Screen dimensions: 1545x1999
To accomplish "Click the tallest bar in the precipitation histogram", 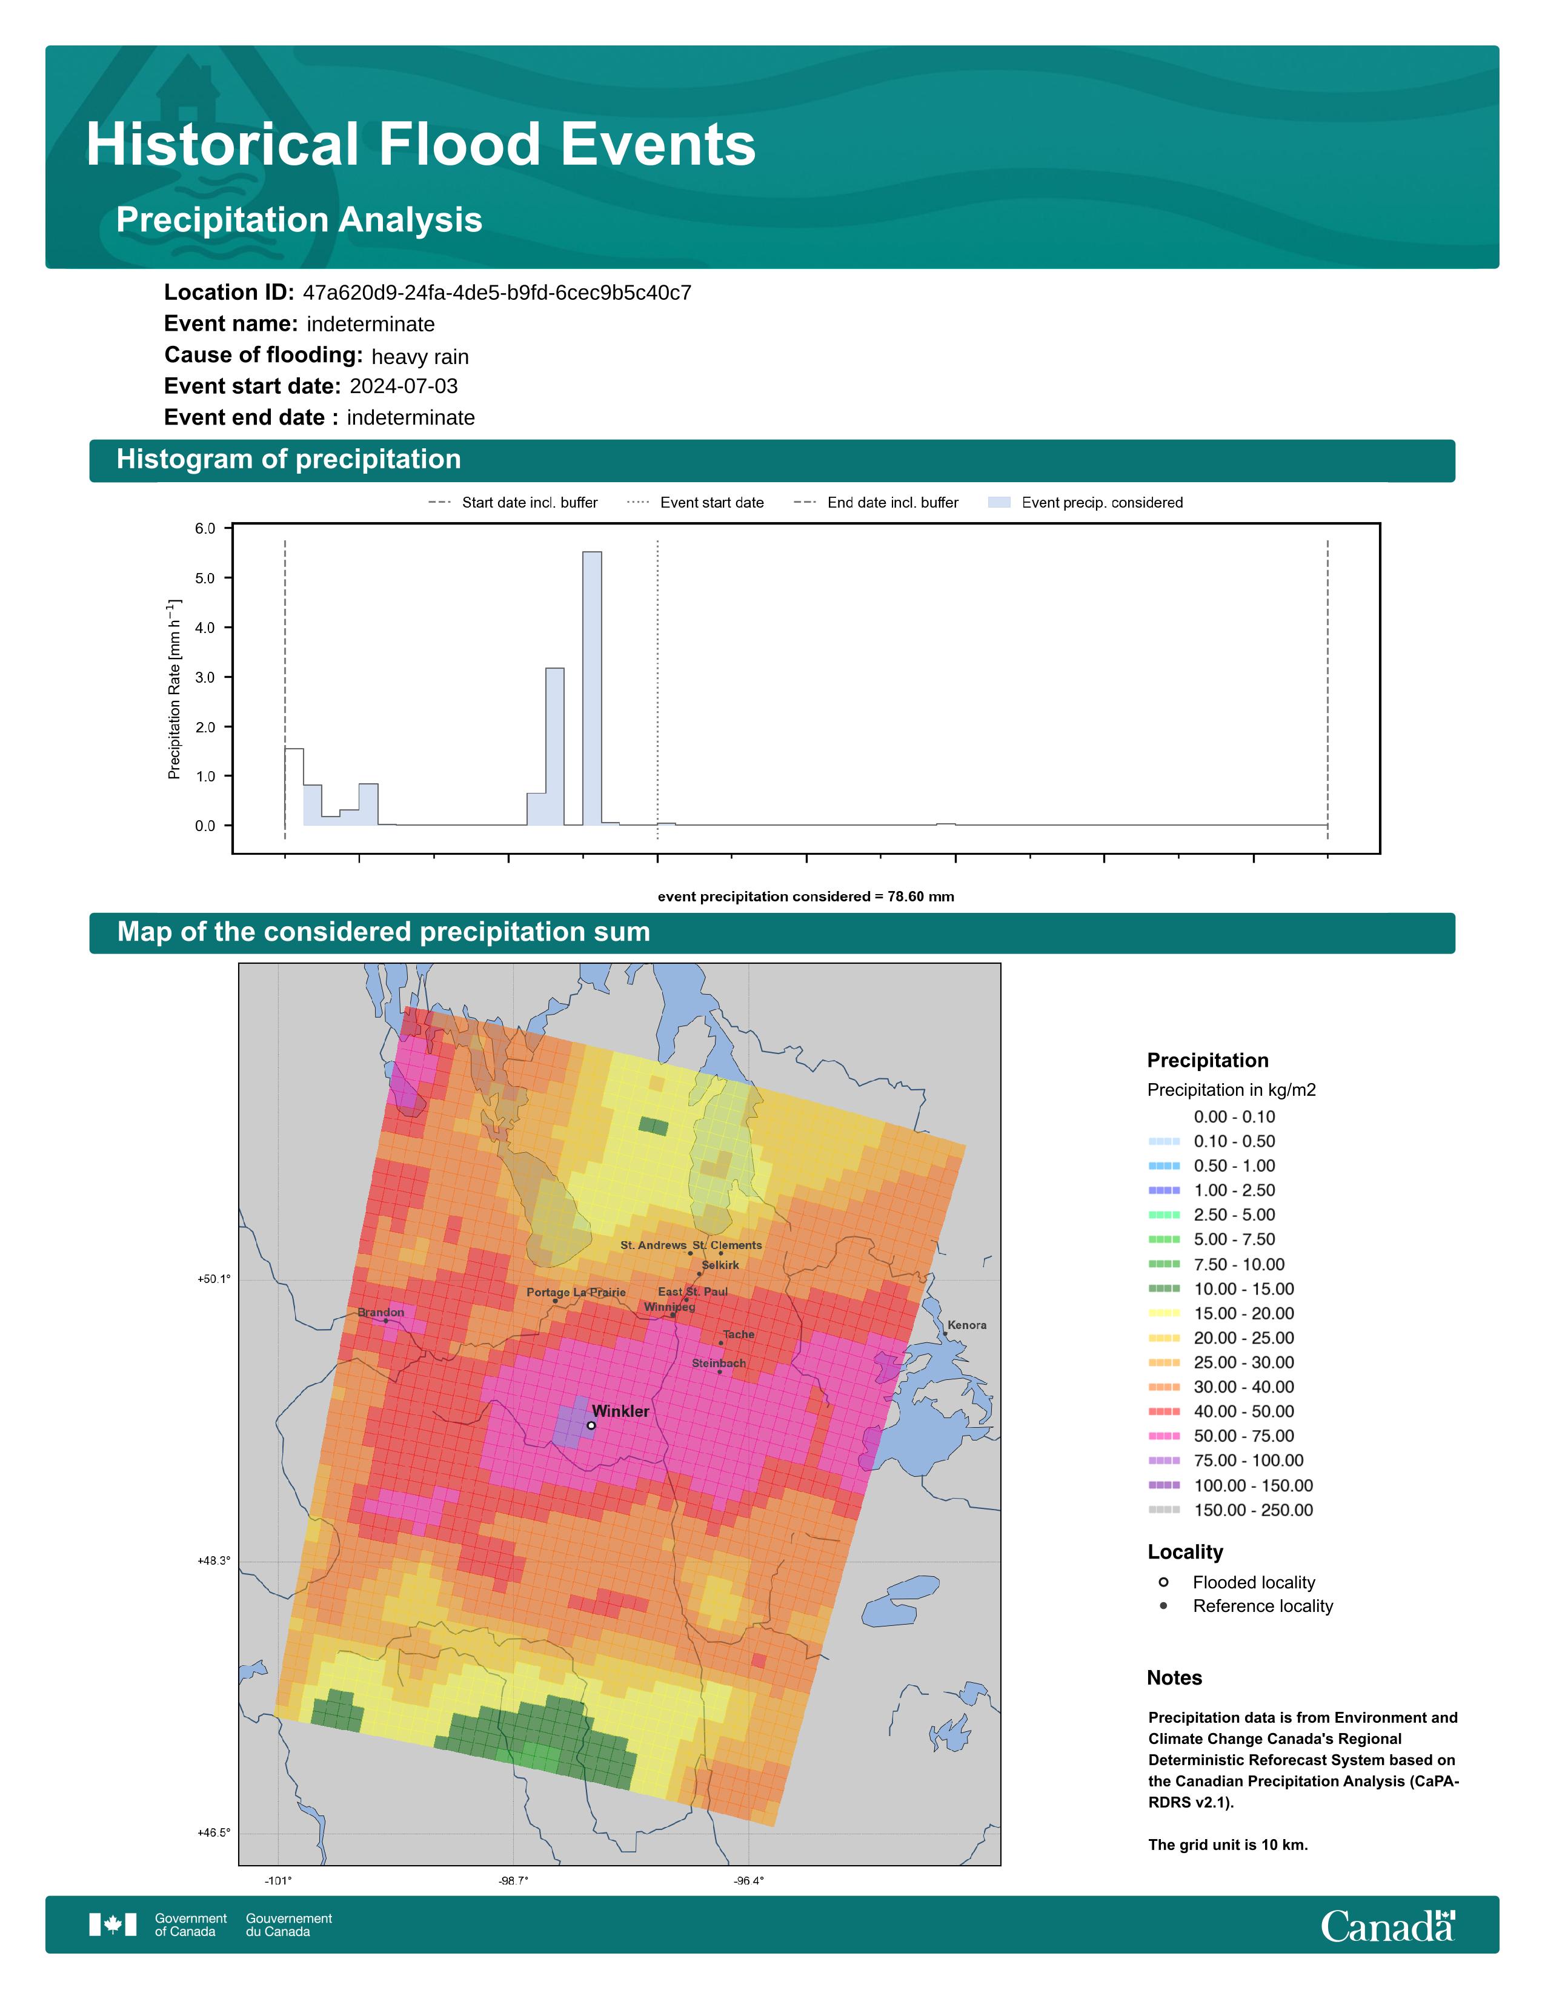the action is click(x=591, y=688).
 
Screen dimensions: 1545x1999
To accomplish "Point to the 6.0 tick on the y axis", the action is click(x=205, y=529).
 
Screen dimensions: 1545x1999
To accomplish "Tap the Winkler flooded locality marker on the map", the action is click(x=591, y=1425).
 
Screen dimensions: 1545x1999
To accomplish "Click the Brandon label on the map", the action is click(x=380, y=1313).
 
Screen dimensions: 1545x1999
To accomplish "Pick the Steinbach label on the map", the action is click(x=719, y=1363).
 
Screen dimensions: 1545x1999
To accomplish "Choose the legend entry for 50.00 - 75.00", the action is click(x=1229, y=1436).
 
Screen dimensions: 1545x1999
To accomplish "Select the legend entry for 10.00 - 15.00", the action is click(x=1229, y=1288).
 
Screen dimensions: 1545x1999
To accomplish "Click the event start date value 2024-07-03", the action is click(x=404, y=386).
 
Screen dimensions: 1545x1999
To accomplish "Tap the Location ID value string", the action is click(x=497, y=293).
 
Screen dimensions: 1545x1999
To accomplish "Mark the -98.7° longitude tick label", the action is click(x=513, y=1881).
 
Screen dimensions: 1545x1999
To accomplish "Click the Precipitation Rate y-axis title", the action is click(x=174, y=689).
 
